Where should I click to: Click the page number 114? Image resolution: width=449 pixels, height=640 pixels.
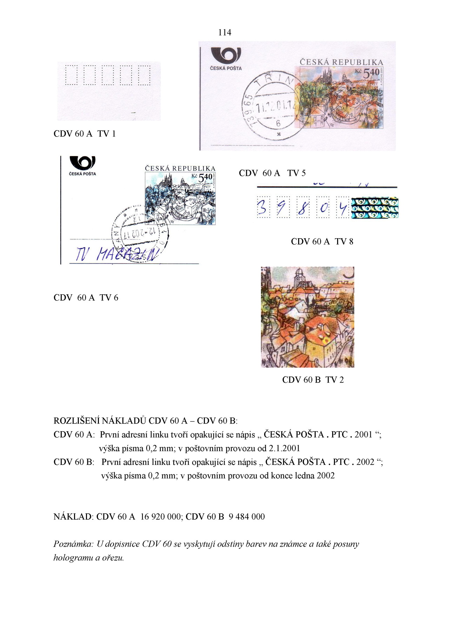point(224,33)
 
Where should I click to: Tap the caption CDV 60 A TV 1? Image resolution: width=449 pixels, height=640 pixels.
point(85,134)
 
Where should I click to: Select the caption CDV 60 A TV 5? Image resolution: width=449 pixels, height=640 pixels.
point(272,173)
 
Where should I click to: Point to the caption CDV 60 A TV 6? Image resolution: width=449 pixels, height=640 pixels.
point(86,298)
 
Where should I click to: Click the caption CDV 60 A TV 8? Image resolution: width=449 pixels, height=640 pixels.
point(322,241)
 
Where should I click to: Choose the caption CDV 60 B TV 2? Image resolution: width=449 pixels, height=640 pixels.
point(313,380)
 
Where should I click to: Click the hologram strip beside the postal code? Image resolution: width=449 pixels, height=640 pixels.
point(375,208)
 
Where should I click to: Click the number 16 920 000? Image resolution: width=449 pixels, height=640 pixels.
point(160,516)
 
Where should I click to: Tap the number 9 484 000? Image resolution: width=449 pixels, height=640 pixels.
point(246,516)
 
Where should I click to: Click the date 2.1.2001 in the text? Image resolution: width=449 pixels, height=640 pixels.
point(284,448)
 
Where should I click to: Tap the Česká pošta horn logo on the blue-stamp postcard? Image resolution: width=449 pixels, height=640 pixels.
point(82,163)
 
